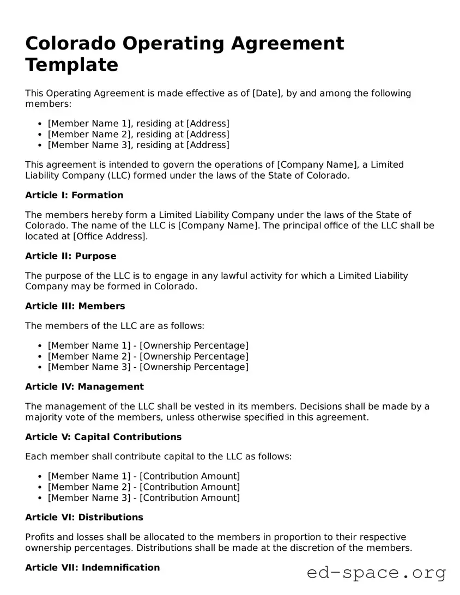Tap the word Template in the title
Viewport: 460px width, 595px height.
pyautogui.click(x=71, y=64)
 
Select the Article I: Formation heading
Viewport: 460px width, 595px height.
pyautogui.click(x=74, y=195)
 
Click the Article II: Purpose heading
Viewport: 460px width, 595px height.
pyautogui.click(x=71, y=256)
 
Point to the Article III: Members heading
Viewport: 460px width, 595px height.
pyautogui.click(x=75, y=306)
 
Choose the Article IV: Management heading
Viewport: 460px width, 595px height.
pyautogui.click(x=84, y=387)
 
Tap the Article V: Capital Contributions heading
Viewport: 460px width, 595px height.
pyautogui.click(x=104, y=437)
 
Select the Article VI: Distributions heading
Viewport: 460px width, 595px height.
pyautogui.click(x=84, y=517)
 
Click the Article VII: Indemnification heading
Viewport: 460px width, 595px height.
pyautogui.click(x=93, y=568)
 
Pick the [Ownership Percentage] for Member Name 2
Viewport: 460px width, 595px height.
pyautogui.click(x=194, y=356)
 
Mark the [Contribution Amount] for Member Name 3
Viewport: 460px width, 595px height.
pyautogui.click(x=190, y=497)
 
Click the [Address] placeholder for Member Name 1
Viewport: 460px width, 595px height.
pyautogui.click(x=208, y=123)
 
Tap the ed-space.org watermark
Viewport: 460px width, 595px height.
pyautogui.click(x=377, y=573)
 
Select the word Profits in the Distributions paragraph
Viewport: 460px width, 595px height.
pyautogui.click(x=39, y=537)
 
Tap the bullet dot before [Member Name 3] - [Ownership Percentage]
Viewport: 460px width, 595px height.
pyautogui.click(x=40, y=367)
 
